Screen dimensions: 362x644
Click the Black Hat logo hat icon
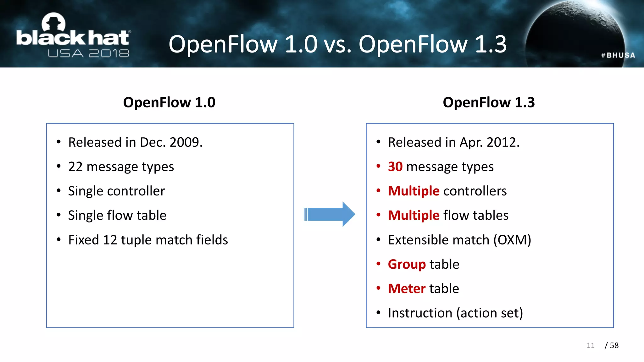(53, 23)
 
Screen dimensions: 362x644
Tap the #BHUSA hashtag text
(618, 55)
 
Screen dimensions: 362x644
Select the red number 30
(395, 167)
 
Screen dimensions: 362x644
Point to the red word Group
(407, 264)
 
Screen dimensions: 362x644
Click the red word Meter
(407, 288)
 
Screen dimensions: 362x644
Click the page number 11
(590, 345)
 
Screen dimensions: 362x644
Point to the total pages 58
(614, 345)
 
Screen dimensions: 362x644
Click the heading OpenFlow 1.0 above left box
(169, 102)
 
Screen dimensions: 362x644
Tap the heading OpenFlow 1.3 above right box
(488, 102)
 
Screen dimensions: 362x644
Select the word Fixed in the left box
(83, 240)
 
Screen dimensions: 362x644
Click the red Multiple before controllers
(414, 191)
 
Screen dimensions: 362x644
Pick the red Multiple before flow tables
(414, 216)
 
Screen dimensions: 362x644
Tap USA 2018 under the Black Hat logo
(88, 53)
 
